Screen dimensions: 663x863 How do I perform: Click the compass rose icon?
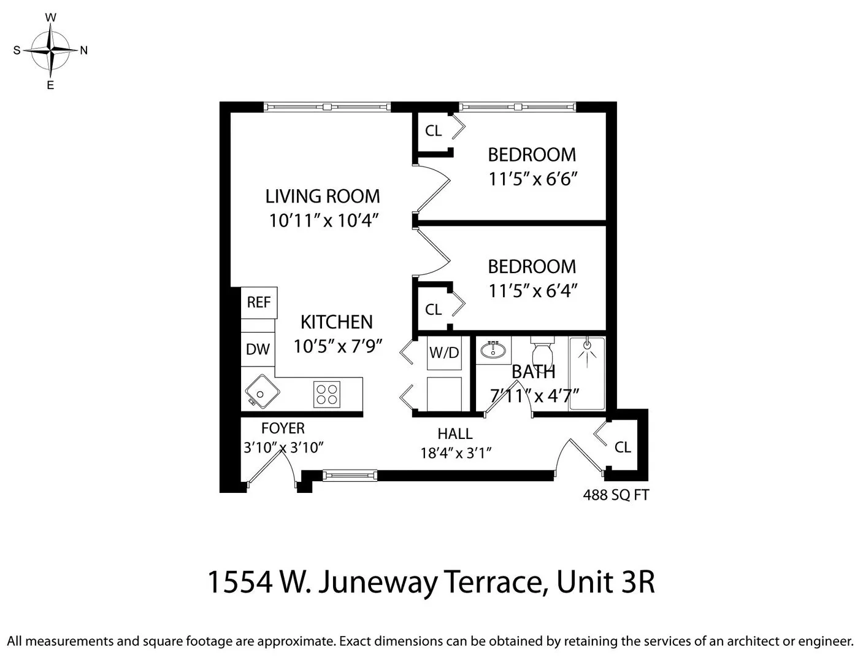point(51,50)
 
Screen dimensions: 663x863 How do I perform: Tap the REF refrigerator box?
point(259,302)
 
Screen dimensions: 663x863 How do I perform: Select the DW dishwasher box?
point(258,349)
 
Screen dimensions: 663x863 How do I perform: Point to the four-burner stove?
point(327,394)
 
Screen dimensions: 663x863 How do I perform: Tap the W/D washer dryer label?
point(443,352)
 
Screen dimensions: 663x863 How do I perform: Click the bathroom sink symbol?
point(492,351)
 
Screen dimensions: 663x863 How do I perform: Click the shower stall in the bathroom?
point(587,373)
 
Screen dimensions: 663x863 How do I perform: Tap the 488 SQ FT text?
point(615,495)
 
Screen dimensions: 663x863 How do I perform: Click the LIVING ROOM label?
point(323,196)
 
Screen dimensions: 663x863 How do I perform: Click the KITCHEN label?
point(336,322)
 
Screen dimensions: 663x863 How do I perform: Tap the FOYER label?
point(283,428)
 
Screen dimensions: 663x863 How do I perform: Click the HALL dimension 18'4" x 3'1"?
point(456,453)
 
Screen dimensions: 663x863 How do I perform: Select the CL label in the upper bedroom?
point(433,131)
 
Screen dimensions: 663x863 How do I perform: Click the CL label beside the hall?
point(623,447)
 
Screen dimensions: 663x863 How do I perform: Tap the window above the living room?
point(328,107)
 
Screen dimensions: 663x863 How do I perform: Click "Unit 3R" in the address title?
point(605,582)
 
